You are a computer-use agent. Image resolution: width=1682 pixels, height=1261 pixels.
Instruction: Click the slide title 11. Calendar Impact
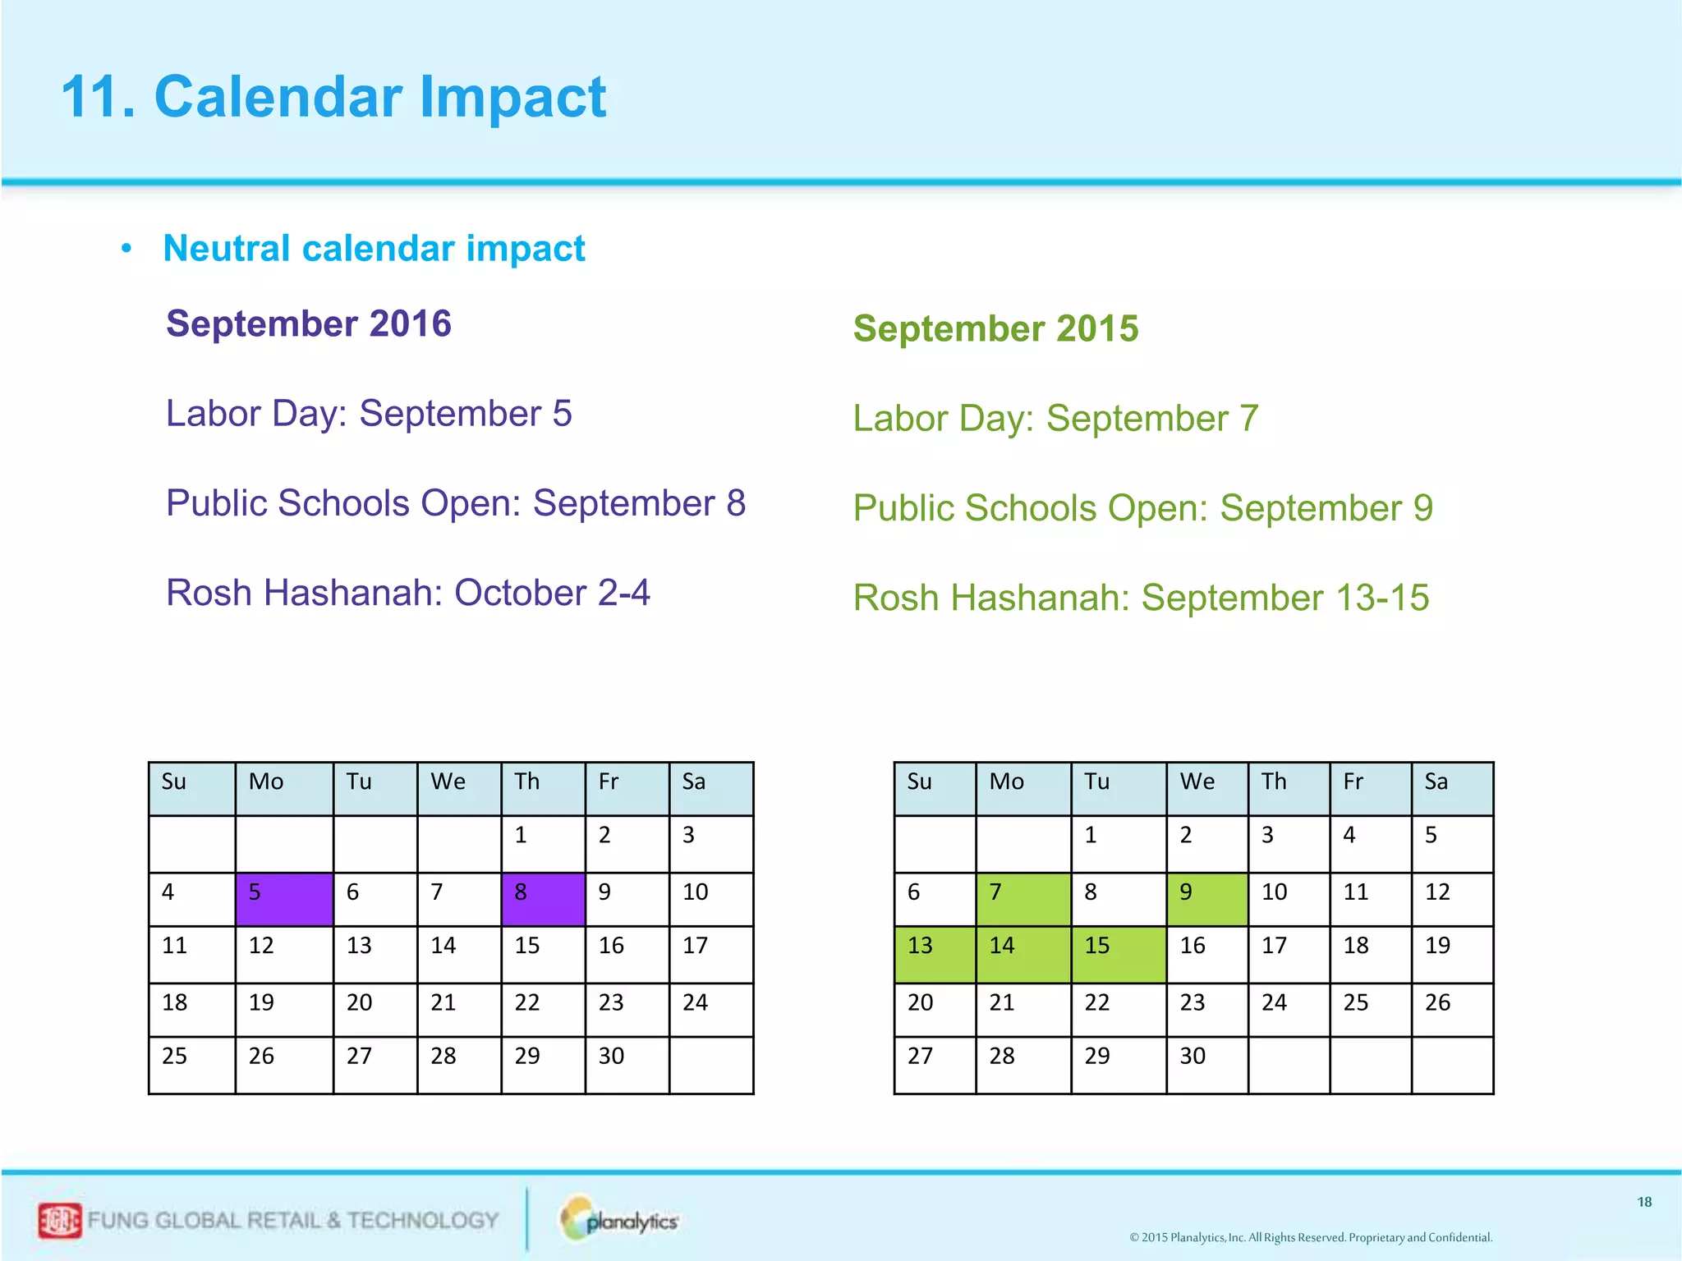333,97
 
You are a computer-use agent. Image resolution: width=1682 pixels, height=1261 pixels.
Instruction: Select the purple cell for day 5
284,899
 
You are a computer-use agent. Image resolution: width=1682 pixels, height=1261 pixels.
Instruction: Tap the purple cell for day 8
543,899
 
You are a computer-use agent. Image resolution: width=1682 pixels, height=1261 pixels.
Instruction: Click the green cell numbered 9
1206,899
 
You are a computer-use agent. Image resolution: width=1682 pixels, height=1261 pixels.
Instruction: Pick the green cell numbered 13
935,954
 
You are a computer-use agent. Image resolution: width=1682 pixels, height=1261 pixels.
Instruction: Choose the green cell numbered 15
1118,954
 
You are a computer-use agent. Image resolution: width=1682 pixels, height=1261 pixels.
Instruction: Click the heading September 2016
309,323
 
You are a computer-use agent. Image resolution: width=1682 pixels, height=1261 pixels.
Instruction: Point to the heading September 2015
995,328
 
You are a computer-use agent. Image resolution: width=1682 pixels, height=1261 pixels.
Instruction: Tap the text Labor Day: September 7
1055,418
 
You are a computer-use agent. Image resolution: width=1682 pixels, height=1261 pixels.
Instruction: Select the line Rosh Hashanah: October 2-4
408,593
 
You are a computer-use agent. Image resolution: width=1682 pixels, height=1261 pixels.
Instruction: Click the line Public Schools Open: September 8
456,503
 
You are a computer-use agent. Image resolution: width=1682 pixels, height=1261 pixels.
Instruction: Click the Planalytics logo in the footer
620,1220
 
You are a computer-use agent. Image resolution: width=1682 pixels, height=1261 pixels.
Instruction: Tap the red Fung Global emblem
60,1220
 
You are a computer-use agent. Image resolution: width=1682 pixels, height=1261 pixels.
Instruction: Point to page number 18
1644,1202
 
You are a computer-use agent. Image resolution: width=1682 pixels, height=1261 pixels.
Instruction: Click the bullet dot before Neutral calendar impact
126,249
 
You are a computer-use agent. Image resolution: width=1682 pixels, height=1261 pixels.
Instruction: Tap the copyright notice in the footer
1311,1237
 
